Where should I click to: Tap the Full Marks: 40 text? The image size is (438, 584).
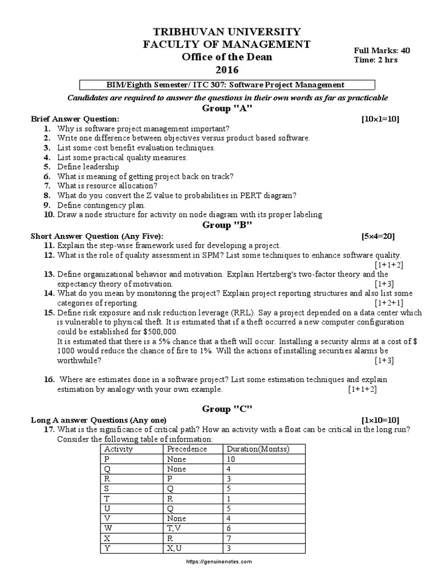[x=382, y=50]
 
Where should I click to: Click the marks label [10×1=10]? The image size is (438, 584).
[x=380, y=119]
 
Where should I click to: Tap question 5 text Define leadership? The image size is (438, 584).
[x=88, y=167]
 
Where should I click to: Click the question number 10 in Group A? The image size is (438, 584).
[x=48, y=214]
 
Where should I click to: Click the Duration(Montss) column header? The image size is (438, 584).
[x=258, y=449]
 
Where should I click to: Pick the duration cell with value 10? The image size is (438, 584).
[x=231, y=459]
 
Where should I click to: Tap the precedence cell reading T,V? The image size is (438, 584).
[x=174, y=528]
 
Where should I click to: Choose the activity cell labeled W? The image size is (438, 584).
[x=107, y=528]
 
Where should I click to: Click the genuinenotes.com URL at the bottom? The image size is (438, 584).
[x=219, y=561]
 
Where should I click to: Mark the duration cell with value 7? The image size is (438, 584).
[x=229, y=538]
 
